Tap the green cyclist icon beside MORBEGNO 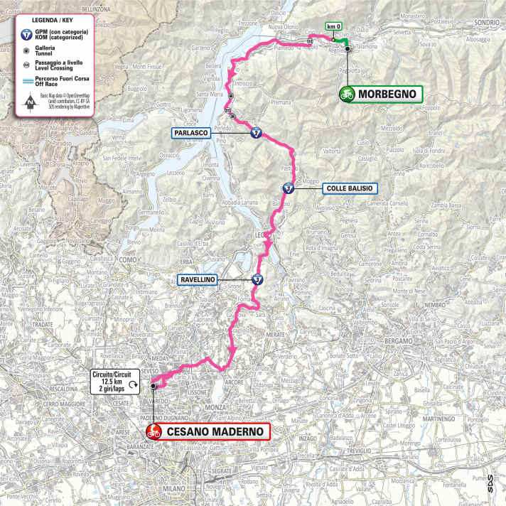[x=347, y=94]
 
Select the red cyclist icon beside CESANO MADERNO [x=153, y=431]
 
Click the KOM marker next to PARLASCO [x=255, y=133]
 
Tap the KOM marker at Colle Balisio [x=287, y=188]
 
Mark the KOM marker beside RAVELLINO [x=257, y=280]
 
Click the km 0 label [x=333, y=26]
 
